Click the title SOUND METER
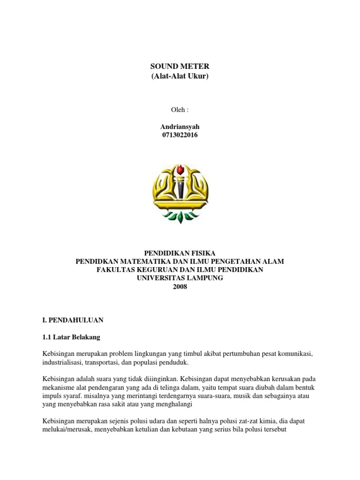(x=180, y=67)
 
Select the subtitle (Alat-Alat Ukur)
(x=180, y=76)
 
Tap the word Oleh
(x=180, y=110)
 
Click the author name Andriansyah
(x=180, y=127)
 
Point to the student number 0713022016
(x=180, y=135)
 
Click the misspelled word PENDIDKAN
(x=98, y=261)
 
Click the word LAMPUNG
(x=200, y=278)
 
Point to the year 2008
(x=180, y=286)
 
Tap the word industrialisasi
(x=63, y=362)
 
